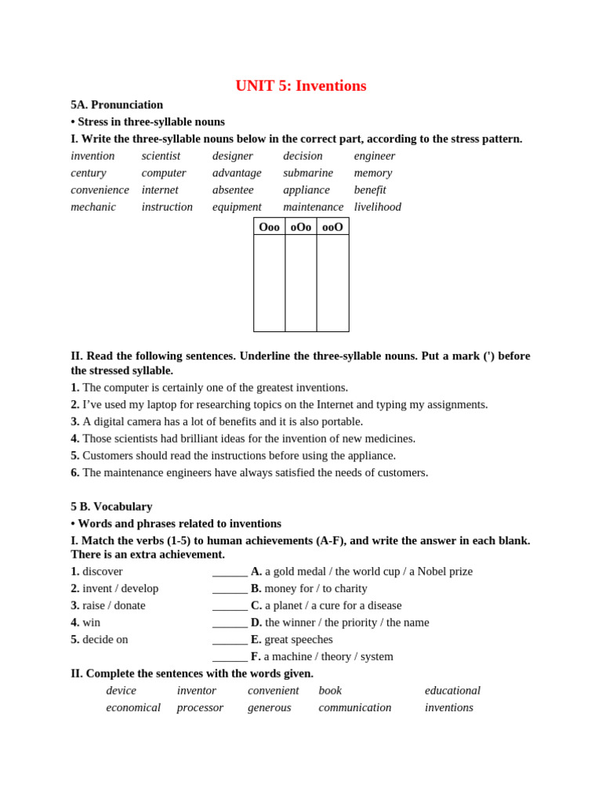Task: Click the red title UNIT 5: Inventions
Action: click(300, 86)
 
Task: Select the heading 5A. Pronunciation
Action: click(117, 105)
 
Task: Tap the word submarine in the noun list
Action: click(307, 173)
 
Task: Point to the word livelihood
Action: click(377, 207)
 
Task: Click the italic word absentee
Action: click(233, 190)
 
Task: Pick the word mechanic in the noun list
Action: click(93, 207)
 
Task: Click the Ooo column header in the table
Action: click(269, 227)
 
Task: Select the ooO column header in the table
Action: click(332, 227)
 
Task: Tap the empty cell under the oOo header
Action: click(301, 283)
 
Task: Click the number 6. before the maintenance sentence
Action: click(75, 473)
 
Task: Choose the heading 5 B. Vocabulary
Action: click(111, 507)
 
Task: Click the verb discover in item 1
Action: click(103, 572)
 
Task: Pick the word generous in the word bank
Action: click(269, 708)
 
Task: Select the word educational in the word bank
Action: click(452, 691)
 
